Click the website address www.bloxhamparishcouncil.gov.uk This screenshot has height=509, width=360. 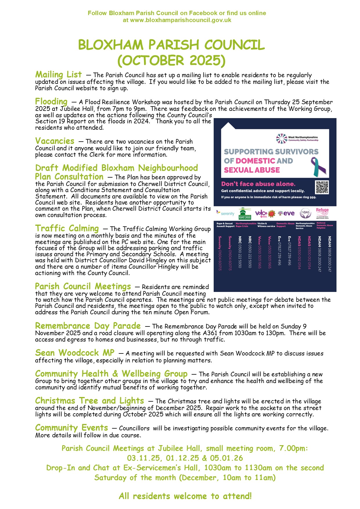[181, 20]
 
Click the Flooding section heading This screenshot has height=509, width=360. [51, 102]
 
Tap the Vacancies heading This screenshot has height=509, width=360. [55, 141]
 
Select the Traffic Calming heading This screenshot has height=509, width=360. [67, 228]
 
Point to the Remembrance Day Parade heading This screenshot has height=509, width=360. [88, 326]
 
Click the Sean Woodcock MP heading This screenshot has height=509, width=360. [75, 353]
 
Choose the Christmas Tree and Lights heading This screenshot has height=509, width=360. [89, 401]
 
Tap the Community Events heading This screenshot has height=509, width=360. [71, 428]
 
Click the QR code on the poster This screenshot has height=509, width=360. [322, 187]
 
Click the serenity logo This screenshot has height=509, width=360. [225, 213]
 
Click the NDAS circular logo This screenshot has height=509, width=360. [305, 214]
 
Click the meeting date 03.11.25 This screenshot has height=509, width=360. [143, 458]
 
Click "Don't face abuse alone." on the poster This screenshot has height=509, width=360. [258, 184]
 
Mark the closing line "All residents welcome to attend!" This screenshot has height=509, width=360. [185, 496]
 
